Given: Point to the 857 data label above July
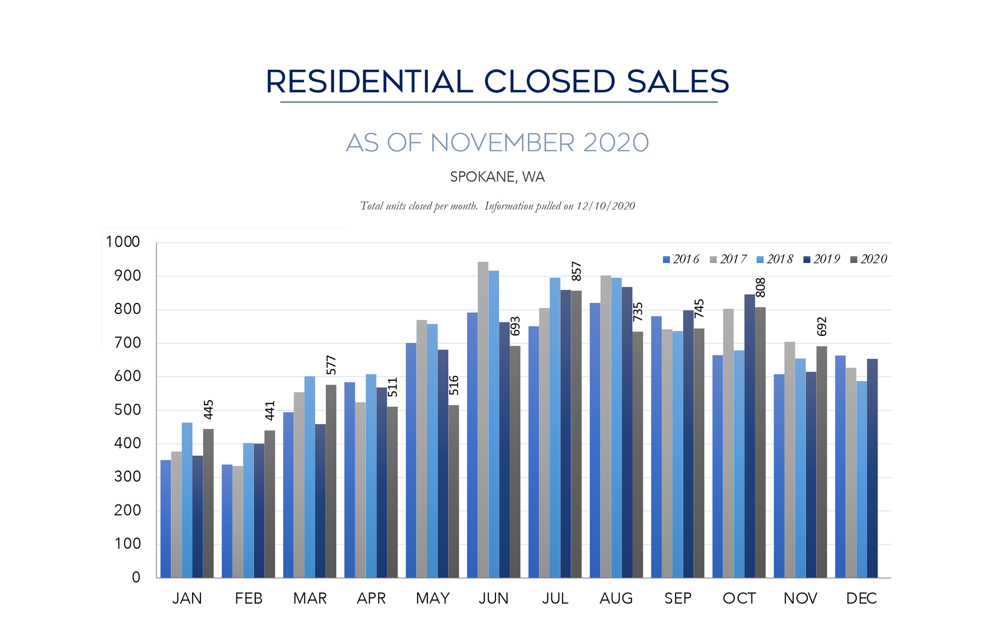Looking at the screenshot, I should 577,271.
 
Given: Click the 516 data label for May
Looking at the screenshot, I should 454,385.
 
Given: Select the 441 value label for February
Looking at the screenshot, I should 270,411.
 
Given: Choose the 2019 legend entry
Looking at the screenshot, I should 822,259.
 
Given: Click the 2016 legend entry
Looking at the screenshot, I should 681,259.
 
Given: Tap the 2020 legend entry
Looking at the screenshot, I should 869,259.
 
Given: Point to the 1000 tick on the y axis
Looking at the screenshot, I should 123,242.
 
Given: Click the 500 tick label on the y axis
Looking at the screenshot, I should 127,410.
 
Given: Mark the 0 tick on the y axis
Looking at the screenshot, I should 136,577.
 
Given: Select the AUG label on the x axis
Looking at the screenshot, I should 616,598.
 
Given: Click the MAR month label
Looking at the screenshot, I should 310,598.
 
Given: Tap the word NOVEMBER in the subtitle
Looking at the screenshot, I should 502,143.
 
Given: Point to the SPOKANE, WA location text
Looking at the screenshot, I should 497,177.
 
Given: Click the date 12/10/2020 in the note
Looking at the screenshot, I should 605,206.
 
